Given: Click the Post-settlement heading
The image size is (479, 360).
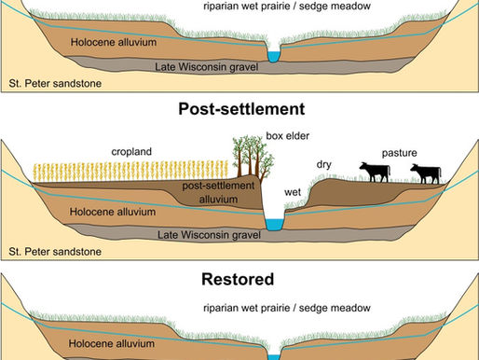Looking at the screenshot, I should (x=239, y=108).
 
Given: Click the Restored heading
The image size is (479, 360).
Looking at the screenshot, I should (x=239, y=278).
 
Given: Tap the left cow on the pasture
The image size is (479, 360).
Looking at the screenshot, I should (x=377, y=172).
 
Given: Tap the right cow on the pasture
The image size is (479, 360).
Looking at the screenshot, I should (x=426, y=173).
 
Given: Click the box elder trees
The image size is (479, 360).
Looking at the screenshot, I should (x=247, y=155).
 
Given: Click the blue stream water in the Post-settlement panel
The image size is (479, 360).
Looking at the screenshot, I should (x=273, y=224).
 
